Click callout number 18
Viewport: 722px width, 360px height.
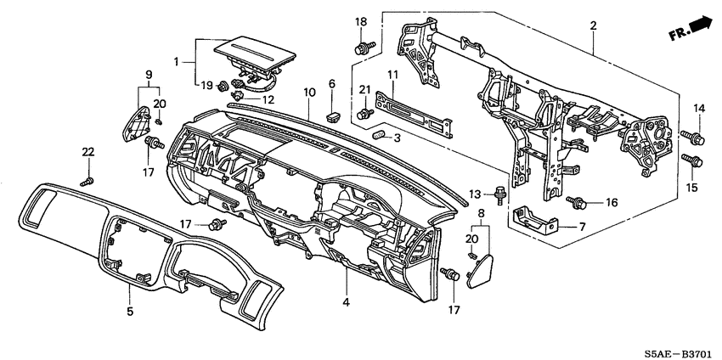[x=361, y=22]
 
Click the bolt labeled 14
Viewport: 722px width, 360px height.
[x=693, y=136]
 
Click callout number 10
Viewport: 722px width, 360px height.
[x=308, y=91]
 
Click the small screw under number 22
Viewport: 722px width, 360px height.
[x=85, y=181]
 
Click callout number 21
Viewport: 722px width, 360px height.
[x=364, y=90]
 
